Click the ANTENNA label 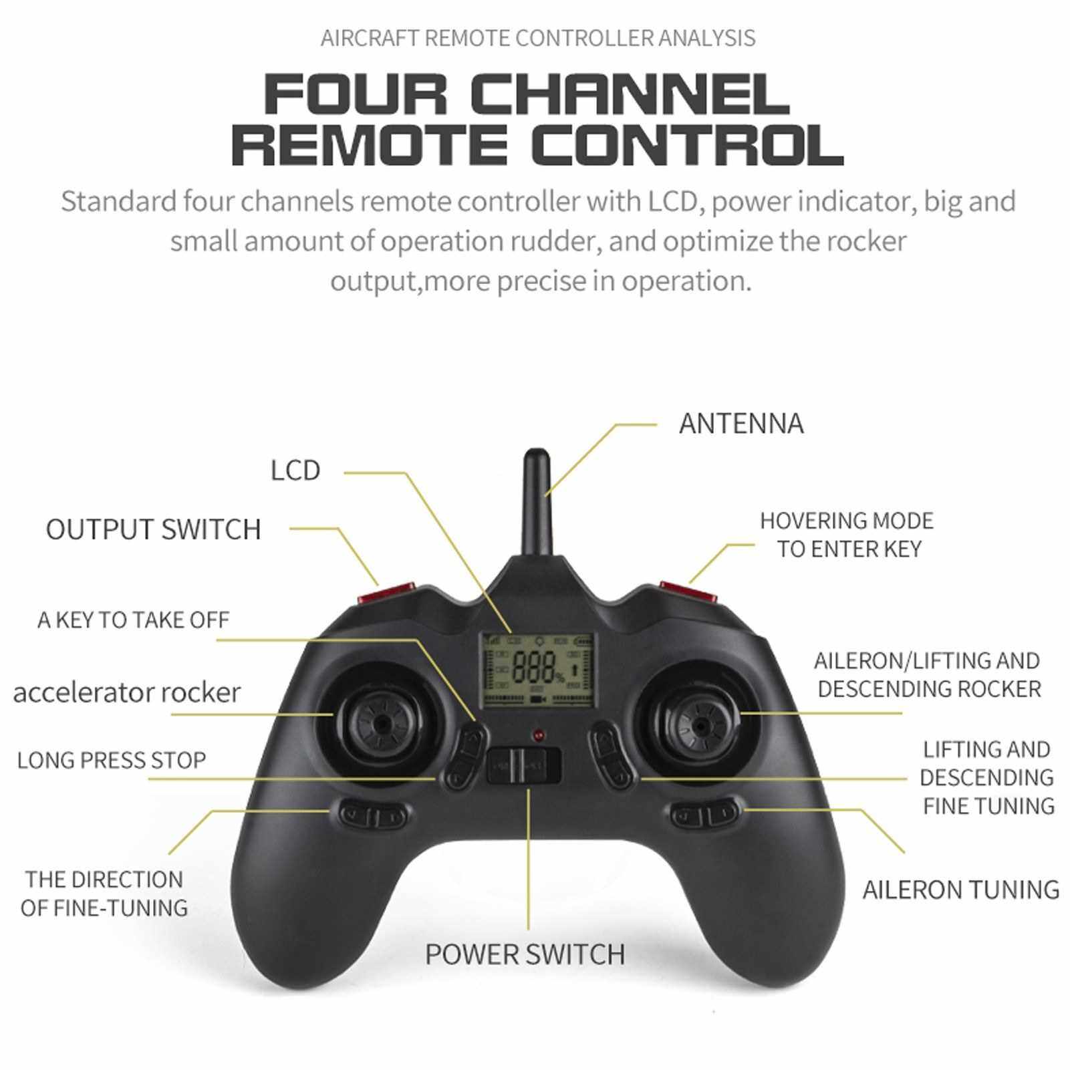[x=741, y=424]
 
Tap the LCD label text [x=295, y=471]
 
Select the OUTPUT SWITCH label [x=153, y=529]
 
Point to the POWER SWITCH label [x=525, y=954]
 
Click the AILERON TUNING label [x=960, y=890]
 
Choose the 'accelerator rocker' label [x=126, y=692]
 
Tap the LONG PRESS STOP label [x=112, y=761]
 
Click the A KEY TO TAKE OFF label [x=133, y=620]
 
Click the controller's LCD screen [x=539, y=670]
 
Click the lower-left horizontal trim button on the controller [x=374, y=815]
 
